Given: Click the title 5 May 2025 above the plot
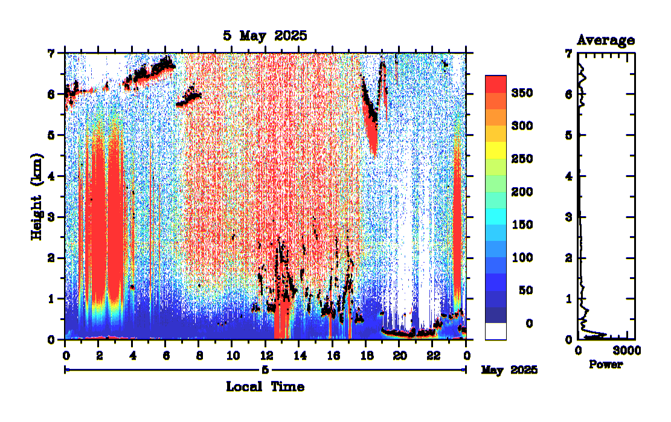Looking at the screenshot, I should (265, 36).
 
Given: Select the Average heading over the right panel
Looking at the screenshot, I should (605, 40).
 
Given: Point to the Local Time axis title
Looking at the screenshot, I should (265, 386).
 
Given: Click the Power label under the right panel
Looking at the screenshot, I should (606, 365).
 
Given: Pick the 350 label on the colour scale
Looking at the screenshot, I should (521, 93).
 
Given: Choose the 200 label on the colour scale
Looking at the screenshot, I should (521, 192).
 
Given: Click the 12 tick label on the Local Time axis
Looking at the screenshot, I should (265, 351).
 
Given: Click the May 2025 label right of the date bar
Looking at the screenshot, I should (509, 369).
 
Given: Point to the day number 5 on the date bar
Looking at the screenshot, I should (265, 369).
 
